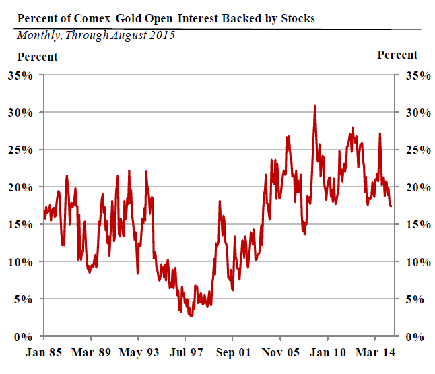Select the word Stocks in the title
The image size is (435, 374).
point(296,18)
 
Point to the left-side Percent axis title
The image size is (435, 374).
point(37,57)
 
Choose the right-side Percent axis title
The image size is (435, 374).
point(397,55)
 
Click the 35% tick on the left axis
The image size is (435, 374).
point(21,75)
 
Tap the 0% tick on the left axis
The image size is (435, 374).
point(24,336)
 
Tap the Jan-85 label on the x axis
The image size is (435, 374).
point(44,352)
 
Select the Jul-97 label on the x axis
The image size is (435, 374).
point(185,352)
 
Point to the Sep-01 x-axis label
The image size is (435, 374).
point(233,352)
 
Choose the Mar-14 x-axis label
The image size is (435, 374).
point(374,352)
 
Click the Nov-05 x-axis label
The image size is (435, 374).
point(279,352)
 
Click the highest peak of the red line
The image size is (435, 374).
point(314,106)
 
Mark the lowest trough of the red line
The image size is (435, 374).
point(191,315)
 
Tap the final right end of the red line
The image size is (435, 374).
point(393,206)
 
